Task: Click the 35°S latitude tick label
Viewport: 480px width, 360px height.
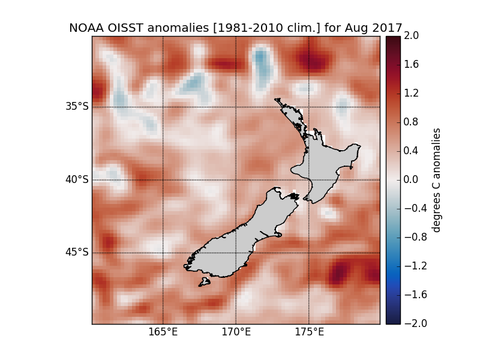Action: click(x=77, y=107)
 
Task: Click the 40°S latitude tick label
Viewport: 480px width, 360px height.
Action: click(x=77, y=180)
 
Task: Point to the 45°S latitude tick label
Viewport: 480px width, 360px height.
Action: click(x=77, y=253)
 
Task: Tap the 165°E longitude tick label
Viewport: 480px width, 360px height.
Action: click(x=163, y=332)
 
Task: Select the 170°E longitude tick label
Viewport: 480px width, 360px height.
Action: click(x=236, y=332)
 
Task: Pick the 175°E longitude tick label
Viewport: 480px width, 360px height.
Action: click(x=308, y=332)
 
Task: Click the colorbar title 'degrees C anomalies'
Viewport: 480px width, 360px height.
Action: click(x=437, y=180)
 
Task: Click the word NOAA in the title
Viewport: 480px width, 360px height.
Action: click(x=87, y=28)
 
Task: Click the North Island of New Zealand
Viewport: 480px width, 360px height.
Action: click(x=327, y=162)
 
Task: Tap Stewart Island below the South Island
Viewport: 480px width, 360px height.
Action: click(x=205, y=281)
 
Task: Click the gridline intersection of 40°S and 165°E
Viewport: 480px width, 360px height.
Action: click(x=163, y=180)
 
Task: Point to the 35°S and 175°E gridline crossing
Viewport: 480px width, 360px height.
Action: click(x=308, y=107)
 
